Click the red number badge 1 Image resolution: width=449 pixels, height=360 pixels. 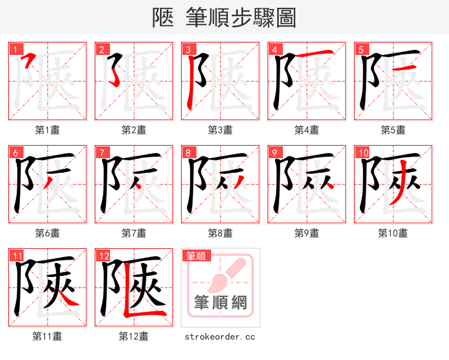[15, 49]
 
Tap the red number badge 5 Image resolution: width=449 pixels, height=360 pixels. [360, 49]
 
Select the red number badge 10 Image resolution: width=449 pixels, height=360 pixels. [362, 152]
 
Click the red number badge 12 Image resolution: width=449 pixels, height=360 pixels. [103, 255]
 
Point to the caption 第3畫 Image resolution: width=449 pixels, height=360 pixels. [220, 130]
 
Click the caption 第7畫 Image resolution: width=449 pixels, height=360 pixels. [134, 233]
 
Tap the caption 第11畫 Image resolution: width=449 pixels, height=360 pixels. [47, 336]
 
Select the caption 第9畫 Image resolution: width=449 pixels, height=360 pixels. [306, 233]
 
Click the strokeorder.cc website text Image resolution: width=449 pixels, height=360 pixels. [220, 336]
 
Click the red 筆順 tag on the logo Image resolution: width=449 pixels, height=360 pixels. [196, 256]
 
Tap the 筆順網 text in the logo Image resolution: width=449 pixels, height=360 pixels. [220, 303]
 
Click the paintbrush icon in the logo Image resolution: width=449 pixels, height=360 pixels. [227, 275]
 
